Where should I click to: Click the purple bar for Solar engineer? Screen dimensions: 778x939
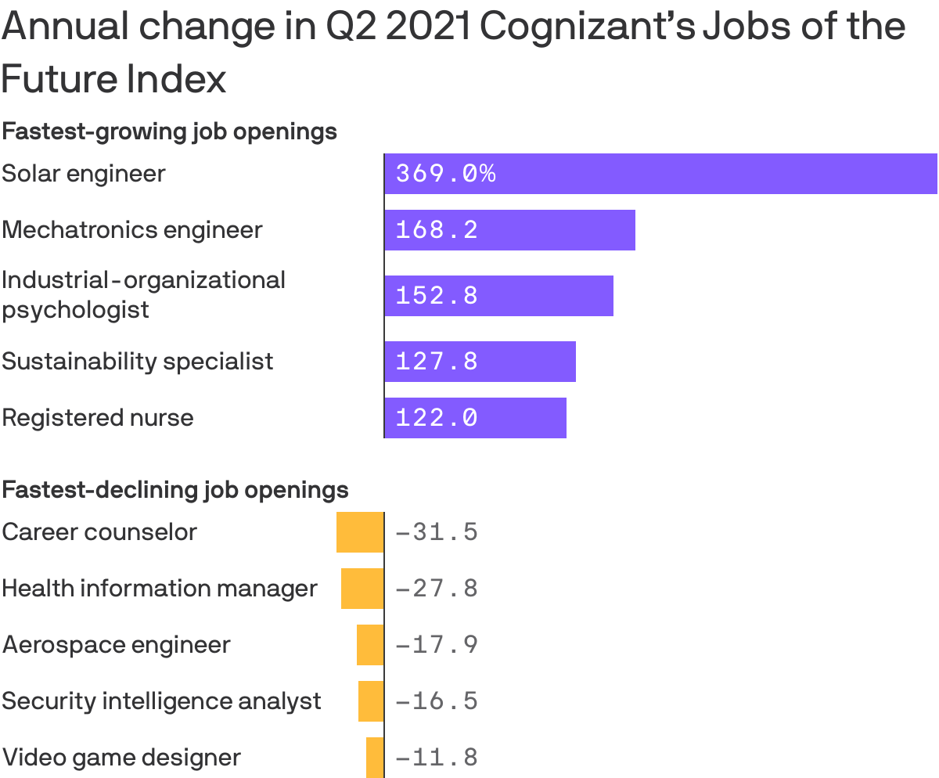coord(661,174)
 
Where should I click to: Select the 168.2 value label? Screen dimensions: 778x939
coord(437,230)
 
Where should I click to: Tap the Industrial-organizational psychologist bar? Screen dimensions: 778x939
coord(499,296)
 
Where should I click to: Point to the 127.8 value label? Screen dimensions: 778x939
coord(437,362)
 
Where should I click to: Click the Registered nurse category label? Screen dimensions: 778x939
coord(98,417)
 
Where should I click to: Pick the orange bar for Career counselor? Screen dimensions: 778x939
coord(360,532)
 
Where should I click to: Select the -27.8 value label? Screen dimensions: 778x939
coord(437,589)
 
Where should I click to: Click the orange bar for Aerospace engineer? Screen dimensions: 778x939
coord(370,645)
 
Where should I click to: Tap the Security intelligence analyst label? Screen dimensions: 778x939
coord(161,701)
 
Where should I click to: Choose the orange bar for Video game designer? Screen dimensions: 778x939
coord(375,758)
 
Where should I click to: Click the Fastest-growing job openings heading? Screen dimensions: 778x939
coord(170,131)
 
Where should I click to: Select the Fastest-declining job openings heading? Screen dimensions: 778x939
coord(175,490)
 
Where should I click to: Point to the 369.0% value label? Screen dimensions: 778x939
coord(445,174)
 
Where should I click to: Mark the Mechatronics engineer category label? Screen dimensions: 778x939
coord(132,230)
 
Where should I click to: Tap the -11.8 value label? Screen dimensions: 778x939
coord(437,758)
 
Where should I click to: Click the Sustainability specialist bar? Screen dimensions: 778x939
coord(480,362)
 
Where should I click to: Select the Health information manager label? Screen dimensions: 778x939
coord(160,589)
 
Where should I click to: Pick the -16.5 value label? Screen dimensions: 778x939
coord(437,701)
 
